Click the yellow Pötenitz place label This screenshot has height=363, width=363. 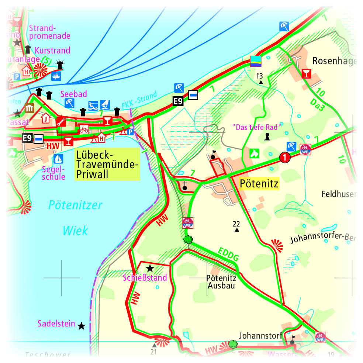(x=259, y=183)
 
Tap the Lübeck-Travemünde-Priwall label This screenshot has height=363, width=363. (x=107, y=164)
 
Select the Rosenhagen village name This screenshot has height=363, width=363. (x=334, y=61)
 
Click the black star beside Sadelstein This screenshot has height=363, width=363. (x=82, y=326)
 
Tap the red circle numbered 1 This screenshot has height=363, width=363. (x=284, y=158)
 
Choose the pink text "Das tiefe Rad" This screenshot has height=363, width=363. (x=257, y=127)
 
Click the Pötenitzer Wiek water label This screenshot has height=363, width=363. (x=75, y=218)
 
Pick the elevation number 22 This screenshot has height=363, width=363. (x=236, y=224)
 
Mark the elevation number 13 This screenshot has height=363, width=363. (x=260, y=76)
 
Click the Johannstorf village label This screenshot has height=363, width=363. (x=260, y=336)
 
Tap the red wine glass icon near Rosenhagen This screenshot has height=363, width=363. (x=306, y=73)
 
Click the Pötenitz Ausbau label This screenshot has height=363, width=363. (x=221, y=282)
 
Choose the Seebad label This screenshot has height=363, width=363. (x=74, y=94)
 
